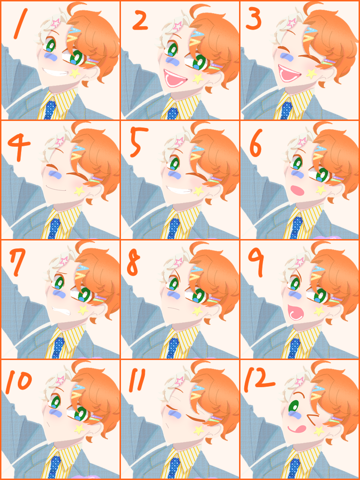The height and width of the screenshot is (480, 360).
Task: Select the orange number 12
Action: [x=258, y=379]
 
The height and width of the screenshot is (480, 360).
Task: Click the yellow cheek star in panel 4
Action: [x=79, y=191]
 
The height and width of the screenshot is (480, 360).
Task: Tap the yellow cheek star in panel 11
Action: [x=199, y=430]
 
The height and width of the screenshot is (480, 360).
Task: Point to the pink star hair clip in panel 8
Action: [x=177, y=262]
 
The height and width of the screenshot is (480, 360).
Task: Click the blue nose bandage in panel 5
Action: [x=176, y=175]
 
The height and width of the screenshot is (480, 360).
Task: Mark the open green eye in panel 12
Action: [x=294, y=406]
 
